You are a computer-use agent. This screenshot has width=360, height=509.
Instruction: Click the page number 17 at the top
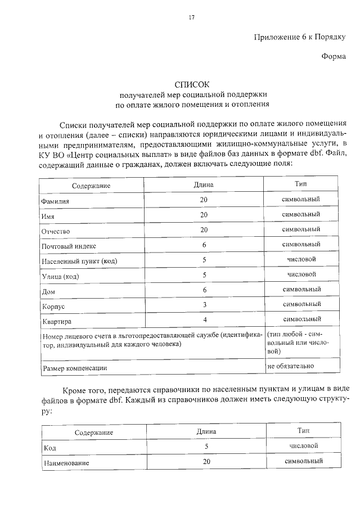[191, 18]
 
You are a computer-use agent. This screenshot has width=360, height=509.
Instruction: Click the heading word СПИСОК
[191, 83]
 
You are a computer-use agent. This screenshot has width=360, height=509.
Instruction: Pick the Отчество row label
[56, 231]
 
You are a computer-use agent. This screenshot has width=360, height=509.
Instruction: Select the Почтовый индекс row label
[69, 246]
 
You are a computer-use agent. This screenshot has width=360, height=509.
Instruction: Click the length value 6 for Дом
[205, 290]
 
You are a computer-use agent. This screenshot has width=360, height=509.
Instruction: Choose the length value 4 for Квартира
[205, 320]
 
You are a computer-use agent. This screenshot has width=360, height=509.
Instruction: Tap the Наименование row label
[67, 463]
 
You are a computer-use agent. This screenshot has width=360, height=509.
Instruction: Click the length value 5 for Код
[206, 446]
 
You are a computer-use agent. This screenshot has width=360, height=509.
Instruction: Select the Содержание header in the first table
[91, 186]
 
